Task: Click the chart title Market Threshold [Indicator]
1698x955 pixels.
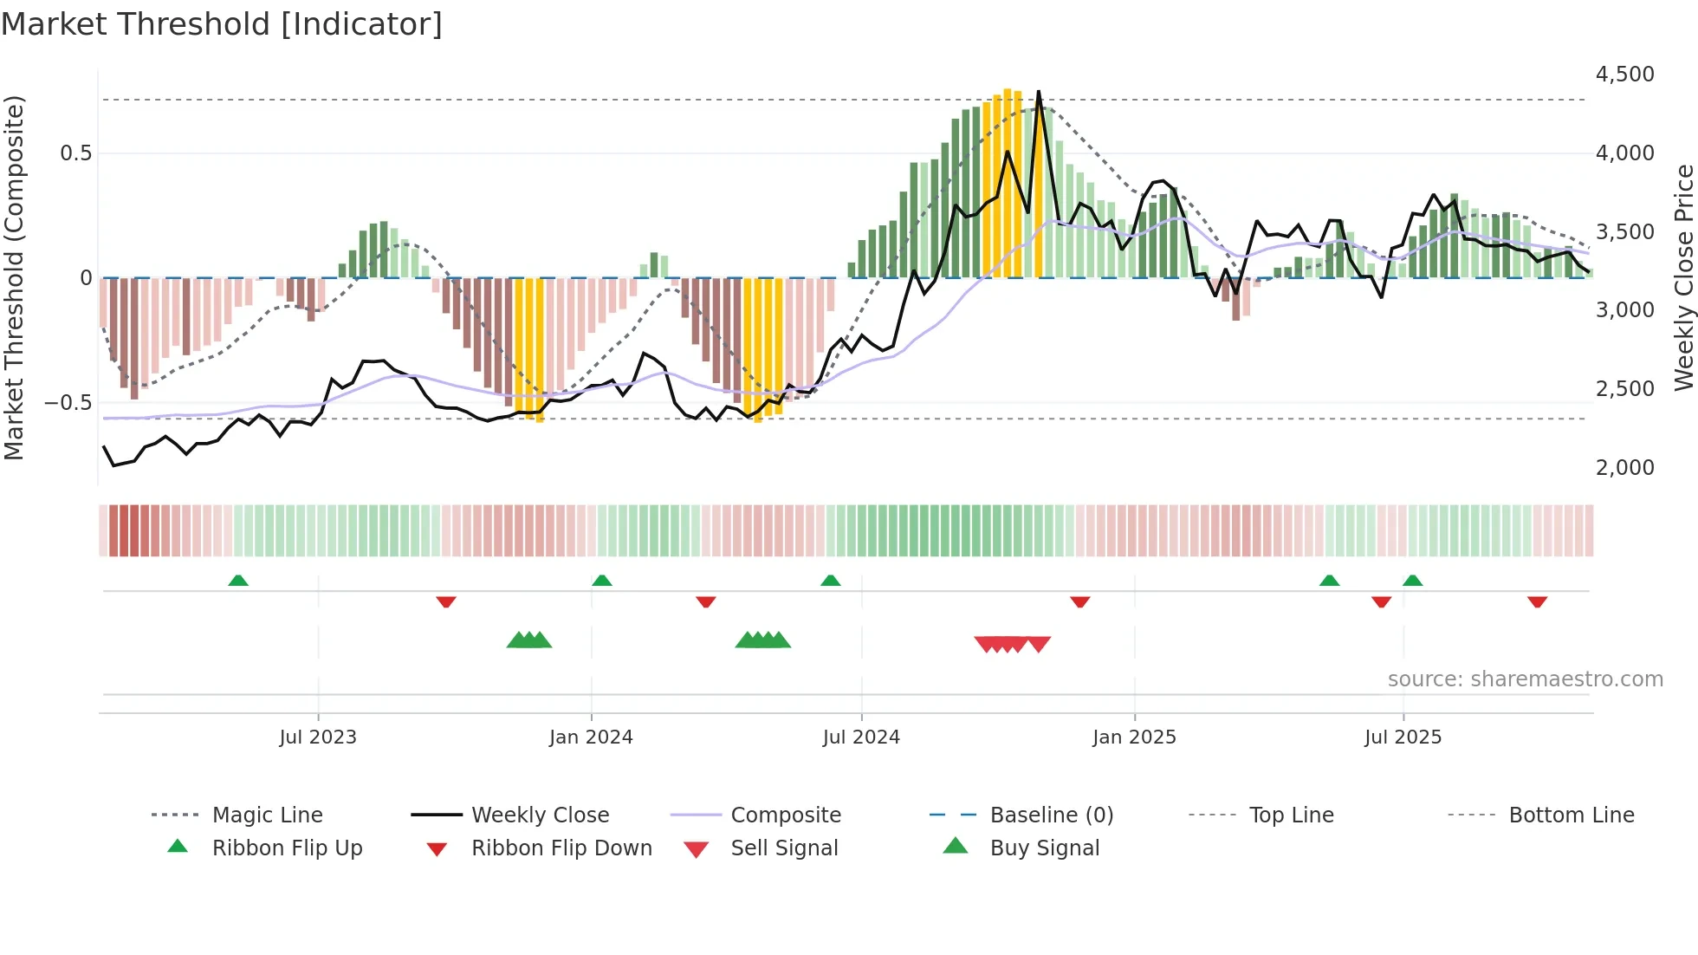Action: (222, 24)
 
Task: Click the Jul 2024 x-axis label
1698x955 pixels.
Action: (861, 737)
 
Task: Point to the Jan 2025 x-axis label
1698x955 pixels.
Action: (1134, 737)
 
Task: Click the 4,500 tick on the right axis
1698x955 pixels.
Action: (1624, 75)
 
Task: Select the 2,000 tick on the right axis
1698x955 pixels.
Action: (1624, 468)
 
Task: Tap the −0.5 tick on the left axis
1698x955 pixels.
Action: (68, 403)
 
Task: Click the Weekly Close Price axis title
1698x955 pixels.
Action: (1683, 277)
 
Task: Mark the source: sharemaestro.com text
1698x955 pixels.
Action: (1525, 679)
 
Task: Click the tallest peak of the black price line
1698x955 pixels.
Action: (1039, 92)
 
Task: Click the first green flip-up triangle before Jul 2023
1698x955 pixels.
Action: (238, 580)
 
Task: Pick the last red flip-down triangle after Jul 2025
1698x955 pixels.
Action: (1538, 601)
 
